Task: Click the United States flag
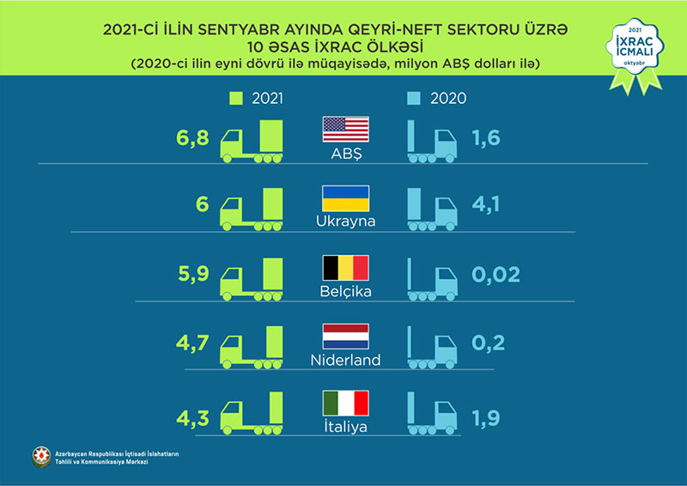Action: (x=345, y=130)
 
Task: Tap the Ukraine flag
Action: (x=345, y=198)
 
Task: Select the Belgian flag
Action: (x=345, y=267)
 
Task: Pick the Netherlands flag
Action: (x=345, y=336)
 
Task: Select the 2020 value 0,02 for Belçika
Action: (x=495, y=276)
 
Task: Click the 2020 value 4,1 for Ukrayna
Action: (x=487, y=207)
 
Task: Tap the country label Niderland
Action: (x=345, y=361)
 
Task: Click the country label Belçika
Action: (x=345, y=292)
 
